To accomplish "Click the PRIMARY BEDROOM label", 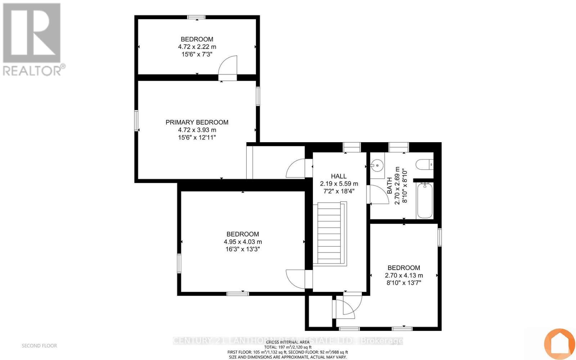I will [197, 122].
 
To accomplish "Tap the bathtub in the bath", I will [424, 200].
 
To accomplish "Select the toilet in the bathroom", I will [424, 165].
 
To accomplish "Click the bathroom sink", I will [377, 166].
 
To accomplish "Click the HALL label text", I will [338, 176].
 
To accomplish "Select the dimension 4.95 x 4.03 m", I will [243, 242].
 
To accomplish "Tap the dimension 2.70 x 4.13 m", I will [404, 275].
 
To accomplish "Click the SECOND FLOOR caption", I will [39, 346].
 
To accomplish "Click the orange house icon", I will [559, 343].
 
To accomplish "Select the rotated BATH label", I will [390, 185].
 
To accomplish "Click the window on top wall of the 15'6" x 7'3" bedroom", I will [197, 17].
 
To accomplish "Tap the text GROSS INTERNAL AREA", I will [287, 342].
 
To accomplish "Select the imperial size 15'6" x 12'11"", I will [197, 138].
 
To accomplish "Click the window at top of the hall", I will [351, 147].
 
